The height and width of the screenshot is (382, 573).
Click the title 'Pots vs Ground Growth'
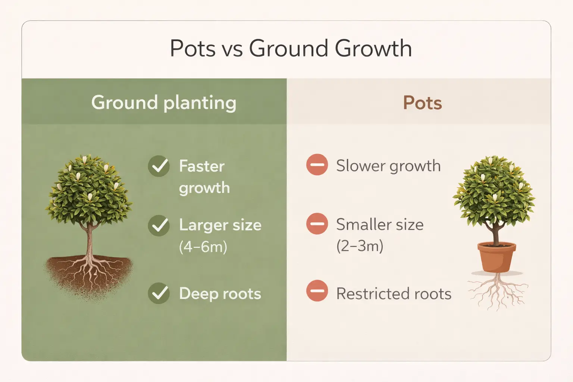click(x=291, y=48)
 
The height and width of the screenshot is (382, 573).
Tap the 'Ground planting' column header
click(x=164, y=103)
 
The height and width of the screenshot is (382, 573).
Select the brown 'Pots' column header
click(x=422, y=103)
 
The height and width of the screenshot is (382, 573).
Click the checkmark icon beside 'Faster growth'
click(x=159, y=166)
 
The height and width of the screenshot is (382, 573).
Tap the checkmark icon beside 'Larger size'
click(x=159, y=225)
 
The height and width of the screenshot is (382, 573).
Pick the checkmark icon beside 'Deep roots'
click(x=159, y=293)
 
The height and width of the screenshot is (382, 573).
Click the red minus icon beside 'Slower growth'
click(x=317, y=165)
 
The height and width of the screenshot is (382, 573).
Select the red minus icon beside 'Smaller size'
click(x=317, y=224)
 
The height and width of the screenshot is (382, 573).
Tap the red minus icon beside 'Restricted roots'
click(x=317, y=291)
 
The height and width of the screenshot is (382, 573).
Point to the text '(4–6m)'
click(x=203, y=247)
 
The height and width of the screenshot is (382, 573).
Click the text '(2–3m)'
click(x=360, y=246)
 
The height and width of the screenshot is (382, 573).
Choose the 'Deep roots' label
click(x=220, y=294)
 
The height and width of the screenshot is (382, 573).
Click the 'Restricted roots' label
click(x=394, y=294)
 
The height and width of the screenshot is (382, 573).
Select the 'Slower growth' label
click(x=388, y=166)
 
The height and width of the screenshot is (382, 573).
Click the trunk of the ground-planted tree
click(x=89, y=239)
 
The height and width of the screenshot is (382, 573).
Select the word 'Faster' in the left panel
click(x=202, y=166)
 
